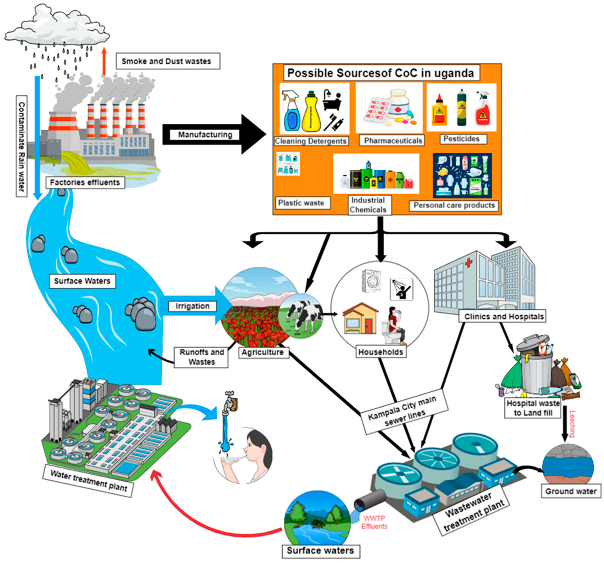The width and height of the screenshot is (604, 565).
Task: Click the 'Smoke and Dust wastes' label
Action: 167,61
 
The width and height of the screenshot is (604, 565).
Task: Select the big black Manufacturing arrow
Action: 249,134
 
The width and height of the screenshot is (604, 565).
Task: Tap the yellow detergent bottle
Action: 311,113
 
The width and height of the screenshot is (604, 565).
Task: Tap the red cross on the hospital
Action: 469,262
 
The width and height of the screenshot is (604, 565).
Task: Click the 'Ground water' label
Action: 571,491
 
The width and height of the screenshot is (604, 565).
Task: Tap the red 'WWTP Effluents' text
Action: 374,522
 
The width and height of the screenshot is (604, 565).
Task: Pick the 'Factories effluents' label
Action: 85,182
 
